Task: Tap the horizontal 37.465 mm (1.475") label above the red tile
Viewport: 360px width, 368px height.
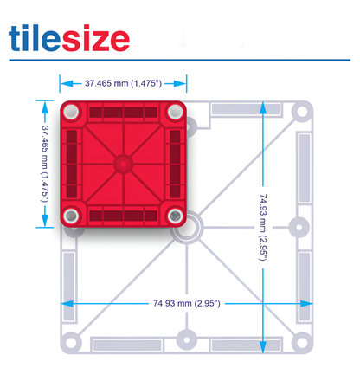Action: (123, 84)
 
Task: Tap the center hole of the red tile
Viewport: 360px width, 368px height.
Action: (123, 163)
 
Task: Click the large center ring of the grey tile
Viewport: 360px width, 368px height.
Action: (184, 229)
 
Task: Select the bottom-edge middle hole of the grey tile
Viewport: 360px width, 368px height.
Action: (184, 338)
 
